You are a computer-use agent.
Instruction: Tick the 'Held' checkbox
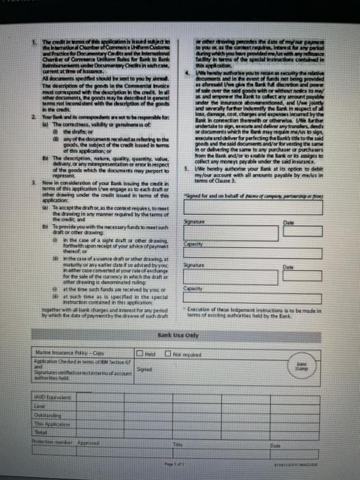140,352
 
